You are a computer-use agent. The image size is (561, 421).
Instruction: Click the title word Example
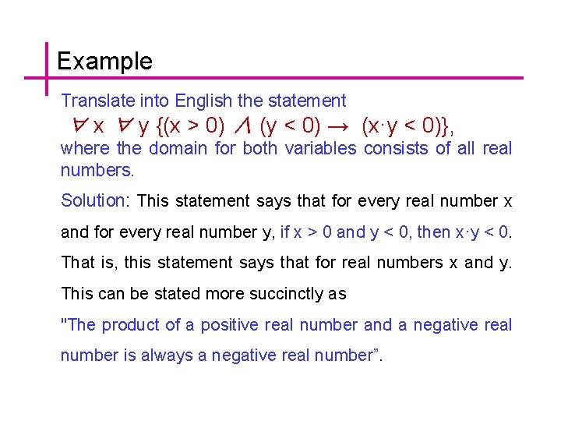[x=104, y=61]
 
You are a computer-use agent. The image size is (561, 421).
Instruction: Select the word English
[x=204, y=101]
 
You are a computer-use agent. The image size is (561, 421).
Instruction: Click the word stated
[x=175, y=294]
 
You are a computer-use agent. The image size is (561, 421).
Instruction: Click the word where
[x=86, y=148]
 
